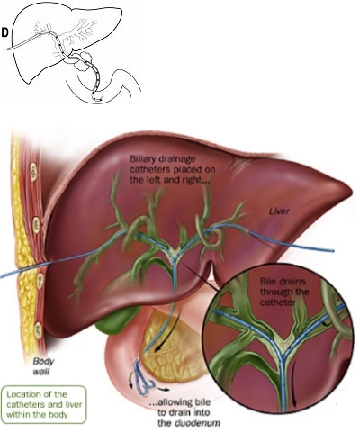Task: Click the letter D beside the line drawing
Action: [x=4, y=32]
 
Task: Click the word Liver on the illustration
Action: [x=279, y=211]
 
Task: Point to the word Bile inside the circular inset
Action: [x=266, y=282]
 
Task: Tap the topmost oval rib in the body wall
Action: [x=33, y=172]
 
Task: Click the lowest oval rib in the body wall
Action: [x=39, y=330]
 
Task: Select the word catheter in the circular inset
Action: [x=277, y=302]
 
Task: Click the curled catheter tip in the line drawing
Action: [x=97, y=98]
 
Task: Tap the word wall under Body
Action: [x=41, y=372]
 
